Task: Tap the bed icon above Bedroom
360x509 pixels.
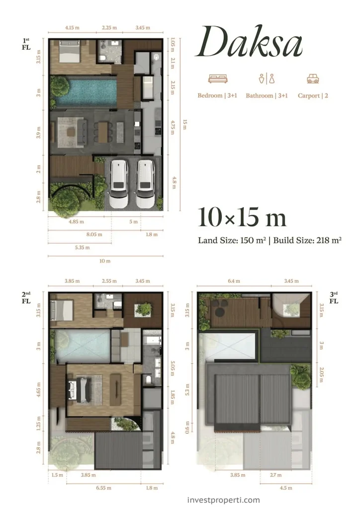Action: [217, 79]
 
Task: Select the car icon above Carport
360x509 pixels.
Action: [313, 79]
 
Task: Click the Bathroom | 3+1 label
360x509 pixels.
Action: [267, 95]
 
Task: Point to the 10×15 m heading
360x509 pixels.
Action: [242, 218]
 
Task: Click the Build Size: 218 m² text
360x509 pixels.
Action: [307, 240]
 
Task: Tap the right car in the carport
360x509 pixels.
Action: [145, 183]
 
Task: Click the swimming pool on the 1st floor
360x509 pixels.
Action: [87, 91]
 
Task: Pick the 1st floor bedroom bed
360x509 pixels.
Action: [69, 52]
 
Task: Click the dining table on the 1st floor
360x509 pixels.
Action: [103, 130]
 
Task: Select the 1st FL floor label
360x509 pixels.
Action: [26, 44]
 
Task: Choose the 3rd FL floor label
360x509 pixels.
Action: [334, 298]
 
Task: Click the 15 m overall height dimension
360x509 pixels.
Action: [184, 124]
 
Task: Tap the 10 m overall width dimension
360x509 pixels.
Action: [105, 260]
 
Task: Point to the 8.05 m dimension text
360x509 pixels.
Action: [94, 234]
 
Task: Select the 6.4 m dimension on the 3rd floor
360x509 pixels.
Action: [234, 281]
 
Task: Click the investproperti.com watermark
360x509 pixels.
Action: [224, 500]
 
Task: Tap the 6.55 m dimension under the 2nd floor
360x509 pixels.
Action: [103, 488]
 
